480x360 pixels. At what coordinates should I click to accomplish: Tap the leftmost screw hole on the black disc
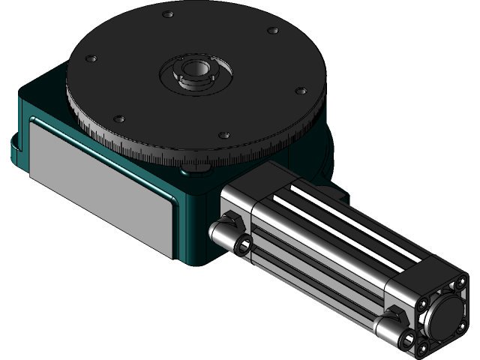[x=91, y=58]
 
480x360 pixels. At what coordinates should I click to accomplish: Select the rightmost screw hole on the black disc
[x=301, y=91]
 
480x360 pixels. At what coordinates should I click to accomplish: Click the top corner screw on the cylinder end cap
[x=458, y=286]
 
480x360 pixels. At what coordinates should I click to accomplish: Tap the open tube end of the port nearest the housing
[x=244, y=245]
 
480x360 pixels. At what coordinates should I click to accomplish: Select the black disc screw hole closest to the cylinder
[x=223, y=135]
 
